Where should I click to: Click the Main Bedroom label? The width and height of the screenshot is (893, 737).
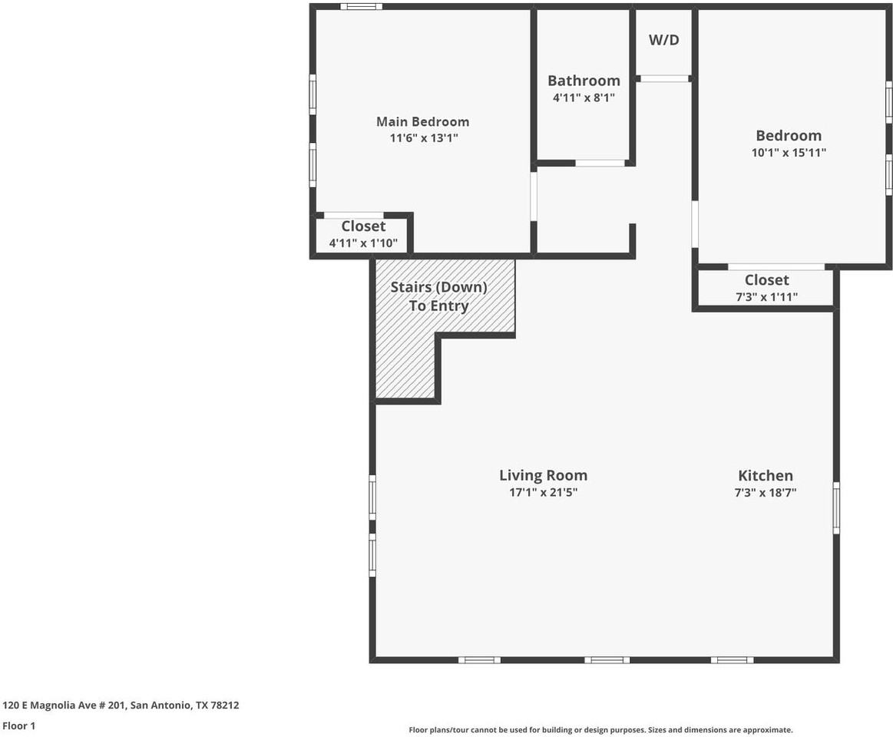click(422, 121)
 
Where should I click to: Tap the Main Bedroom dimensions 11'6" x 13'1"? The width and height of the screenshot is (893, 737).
click(424, 138)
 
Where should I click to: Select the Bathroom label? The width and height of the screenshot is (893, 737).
click(584, 81)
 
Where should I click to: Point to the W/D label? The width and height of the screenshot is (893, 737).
click(664, 40)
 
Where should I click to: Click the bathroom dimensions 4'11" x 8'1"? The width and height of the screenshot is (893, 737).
click(584, 97)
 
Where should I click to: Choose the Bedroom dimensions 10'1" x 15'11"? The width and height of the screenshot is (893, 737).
click(789, 152)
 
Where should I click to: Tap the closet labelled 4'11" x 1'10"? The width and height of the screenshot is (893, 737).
click(363, 234)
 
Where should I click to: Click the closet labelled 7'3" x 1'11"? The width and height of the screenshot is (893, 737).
click(766, 288)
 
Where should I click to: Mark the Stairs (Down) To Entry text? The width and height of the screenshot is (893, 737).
click(438, 296)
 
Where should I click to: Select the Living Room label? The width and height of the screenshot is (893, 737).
click(544, 475)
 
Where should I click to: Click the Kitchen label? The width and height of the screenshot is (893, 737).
click(766, 475)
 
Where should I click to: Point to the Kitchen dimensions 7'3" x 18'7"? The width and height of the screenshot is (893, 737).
click(766, 492)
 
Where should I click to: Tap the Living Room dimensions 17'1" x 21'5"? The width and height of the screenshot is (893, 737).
click(544, 492)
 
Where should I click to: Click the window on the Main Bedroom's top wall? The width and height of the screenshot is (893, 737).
click(361, 7)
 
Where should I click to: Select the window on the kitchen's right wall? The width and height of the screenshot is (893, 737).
click(836, 508)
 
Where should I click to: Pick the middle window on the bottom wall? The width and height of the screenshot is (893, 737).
click(607, 659)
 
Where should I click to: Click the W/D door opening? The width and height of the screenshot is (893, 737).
click(663, 78)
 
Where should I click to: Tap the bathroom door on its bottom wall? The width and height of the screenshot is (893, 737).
click(600, 163)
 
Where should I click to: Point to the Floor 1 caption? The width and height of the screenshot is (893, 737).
click(18, 725)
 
